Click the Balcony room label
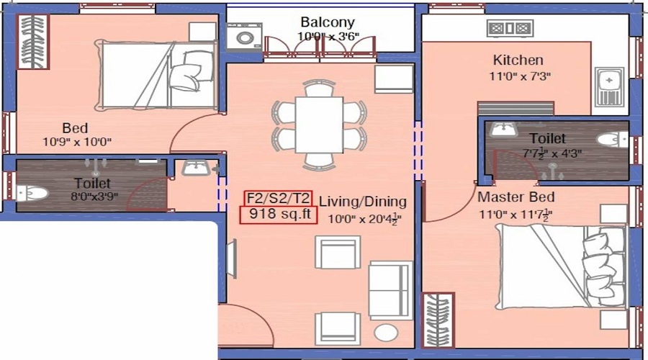pyautogui.click(x=328, y=22)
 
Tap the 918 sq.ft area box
pyautogui.click(x=278, y=214)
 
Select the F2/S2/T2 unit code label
pyautogui.click(x=277, y=198)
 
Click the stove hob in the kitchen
pyautogui.click(x=510, y=29)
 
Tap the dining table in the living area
pyautogui.click(x=319, y=124)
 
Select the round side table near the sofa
pyautogui.click(x=386, y=333)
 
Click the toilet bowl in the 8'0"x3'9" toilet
pyautogui.click(x=32, y=193)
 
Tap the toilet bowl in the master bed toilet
pyautogui.click(x=613, y=140)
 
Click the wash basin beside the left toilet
pyautogui.click(x=194, y=168)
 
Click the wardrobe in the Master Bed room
pyautogui.click(x=438, y=320)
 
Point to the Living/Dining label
pyautogui.click(x=363, y=202)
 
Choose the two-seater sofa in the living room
pyautogui.click(x=390, y=290)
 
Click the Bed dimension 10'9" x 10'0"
pyautogui.click(x=77, y=142)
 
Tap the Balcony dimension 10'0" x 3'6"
pyautogui.click(x=328, y=36)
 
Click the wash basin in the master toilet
pyautogui.click(x=504, y=130)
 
